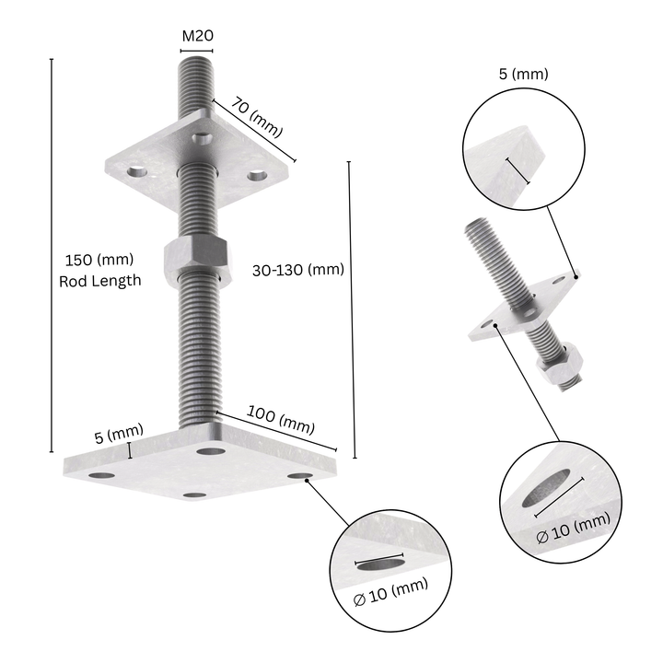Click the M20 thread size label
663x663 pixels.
tap(197, 36)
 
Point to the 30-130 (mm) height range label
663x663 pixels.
tap(297, 270)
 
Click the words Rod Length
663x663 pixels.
tap(99, 281)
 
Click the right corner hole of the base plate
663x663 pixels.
tap(302, 475)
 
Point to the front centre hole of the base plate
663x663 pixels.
tap(194, 495)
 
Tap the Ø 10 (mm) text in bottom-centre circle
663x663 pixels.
tap(391, 587)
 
